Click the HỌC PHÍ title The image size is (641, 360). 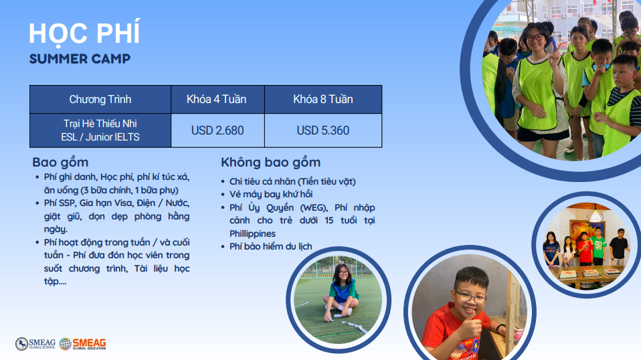[84, 33]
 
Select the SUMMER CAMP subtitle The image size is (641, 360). [80, 59]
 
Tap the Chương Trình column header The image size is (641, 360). [100, 99]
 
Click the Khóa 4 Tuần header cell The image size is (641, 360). [217, 99]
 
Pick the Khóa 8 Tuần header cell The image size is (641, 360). [323, 99]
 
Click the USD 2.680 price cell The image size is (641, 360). [217, 130]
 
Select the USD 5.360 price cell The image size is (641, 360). [323, 130]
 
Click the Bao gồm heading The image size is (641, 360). [60, 163]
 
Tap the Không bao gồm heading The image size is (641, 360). [270, 163]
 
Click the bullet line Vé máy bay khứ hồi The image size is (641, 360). [270, 194]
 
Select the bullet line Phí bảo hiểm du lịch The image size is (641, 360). [270, 246]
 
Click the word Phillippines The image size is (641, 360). [252, 234]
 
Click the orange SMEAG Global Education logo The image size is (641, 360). [82, 344]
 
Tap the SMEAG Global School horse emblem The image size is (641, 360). [21, 344]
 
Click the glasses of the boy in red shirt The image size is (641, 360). [470, 297]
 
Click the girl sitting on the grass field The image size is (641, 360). [342, 291]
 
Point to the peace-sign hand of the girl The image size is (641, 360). [553, 55]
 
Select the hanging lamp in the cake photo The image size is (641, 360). [595, 213]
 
